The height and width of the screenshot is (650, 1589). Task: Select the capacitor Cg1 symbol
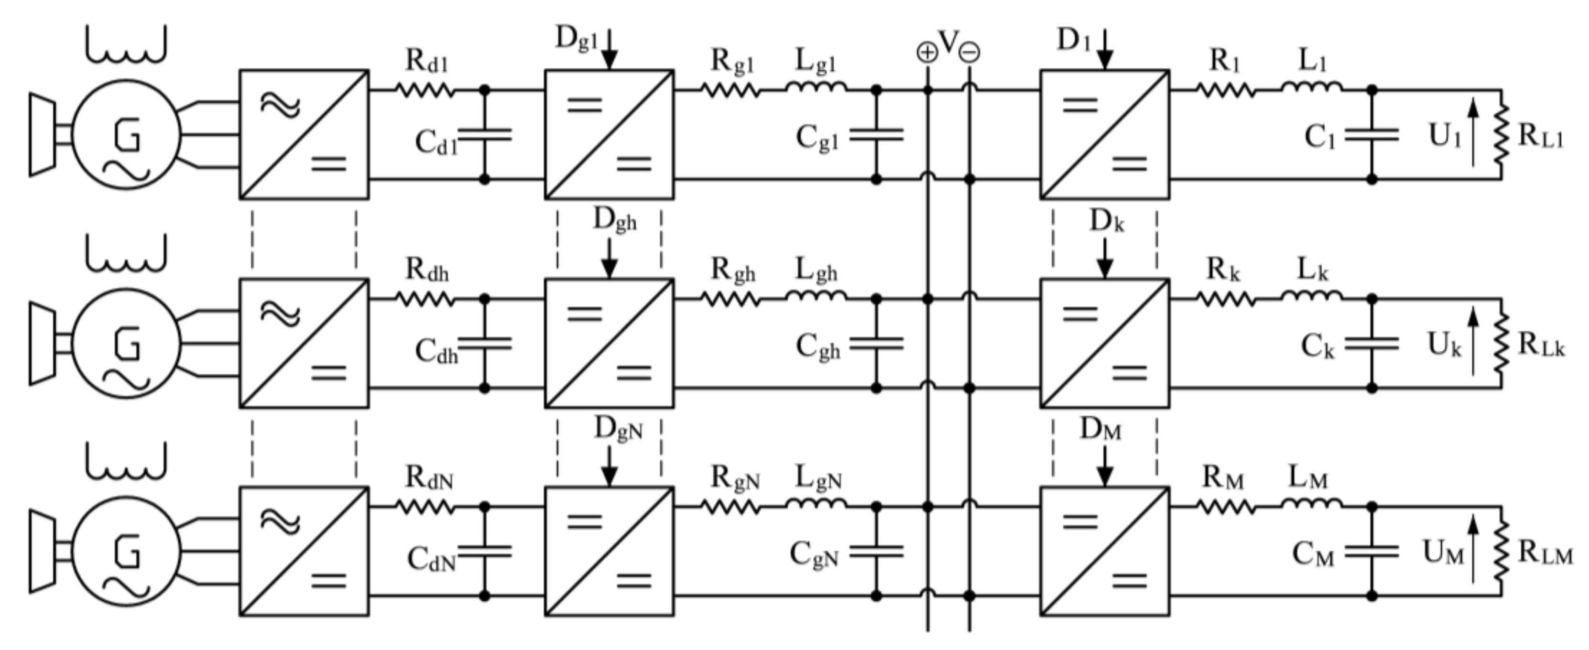tap(876, 134)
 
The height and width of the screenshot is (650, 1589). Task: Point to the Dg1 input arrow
tap(609, 49)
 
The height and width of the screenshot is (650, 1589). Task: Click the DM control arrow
tap(1105, 466)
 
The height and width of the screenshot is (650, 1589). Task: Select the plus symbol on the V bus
tap(927, 53)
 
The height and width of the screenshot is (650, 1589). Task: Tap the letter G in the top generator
tap(128, 136)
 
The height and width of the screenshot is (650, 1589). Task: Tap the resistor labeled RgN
tap(731, 507)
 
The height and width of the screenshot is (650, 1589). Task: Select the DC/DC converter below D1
tap(1105, 134)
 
